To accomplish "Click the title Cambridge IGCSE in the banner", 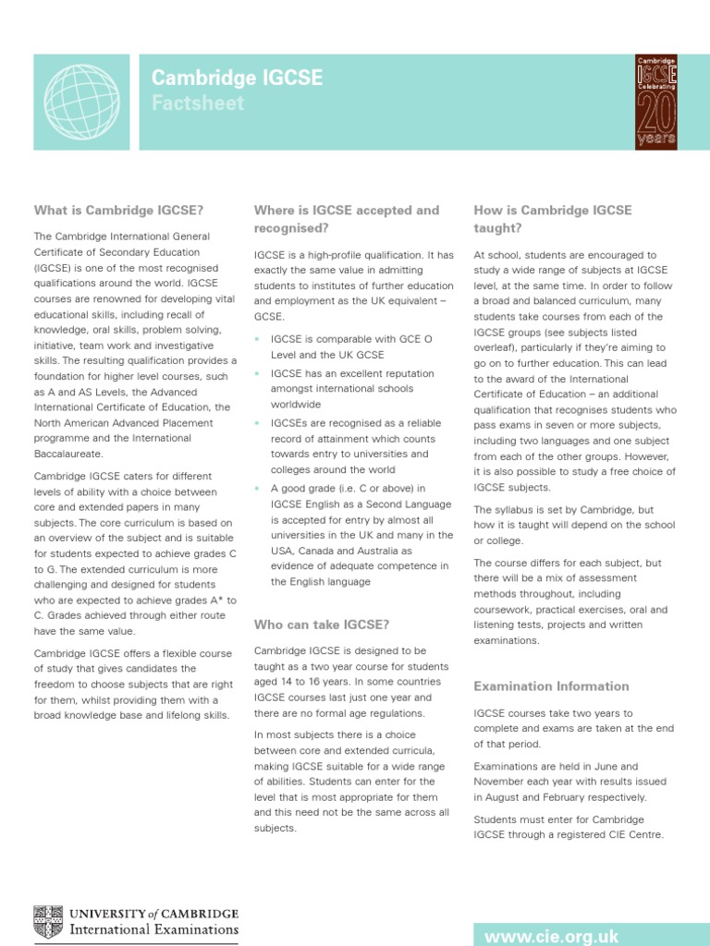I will pos(238,79).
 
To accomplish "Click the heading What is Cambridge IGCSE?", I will pos(119,211).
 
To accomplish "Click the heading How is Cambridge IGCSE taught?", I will pos(553,219).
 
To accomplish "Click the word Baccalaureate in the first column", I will pos(69,455).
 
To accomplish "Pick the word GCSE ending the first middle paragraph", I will pos(269,314).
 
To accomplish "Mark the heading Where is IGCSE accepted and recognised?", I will pos(346,219).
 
